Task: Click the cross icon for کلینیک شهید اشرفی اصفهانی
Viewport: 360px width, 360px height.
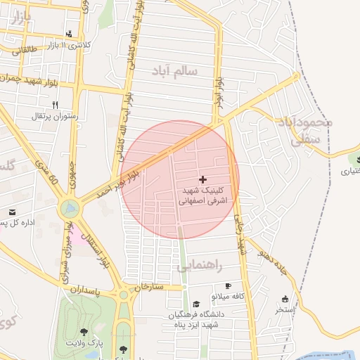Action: pyautogui.click(x=203, y=181)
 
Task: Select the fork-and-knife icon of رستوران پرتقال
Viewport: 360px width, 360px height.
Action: pyautogui.click(x=55, y=105)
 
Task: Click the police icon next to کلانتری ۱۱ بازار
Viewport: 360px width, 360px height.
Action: pyautogui.click(x=69, y=34)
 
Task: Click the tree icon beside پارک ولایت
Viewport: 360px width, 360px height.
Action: pyautogui.click(x=84, y=332)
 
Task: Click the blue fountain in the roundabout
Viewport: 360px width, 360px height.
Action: pyautogui.click(x=69, y=207)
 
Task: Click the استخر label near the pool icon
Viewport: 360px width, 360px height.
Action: pyautogui.click(x=285, y=309)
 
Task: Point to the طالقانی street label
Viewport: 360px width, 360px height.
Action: pyautogui.click(x=23, y=51)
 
